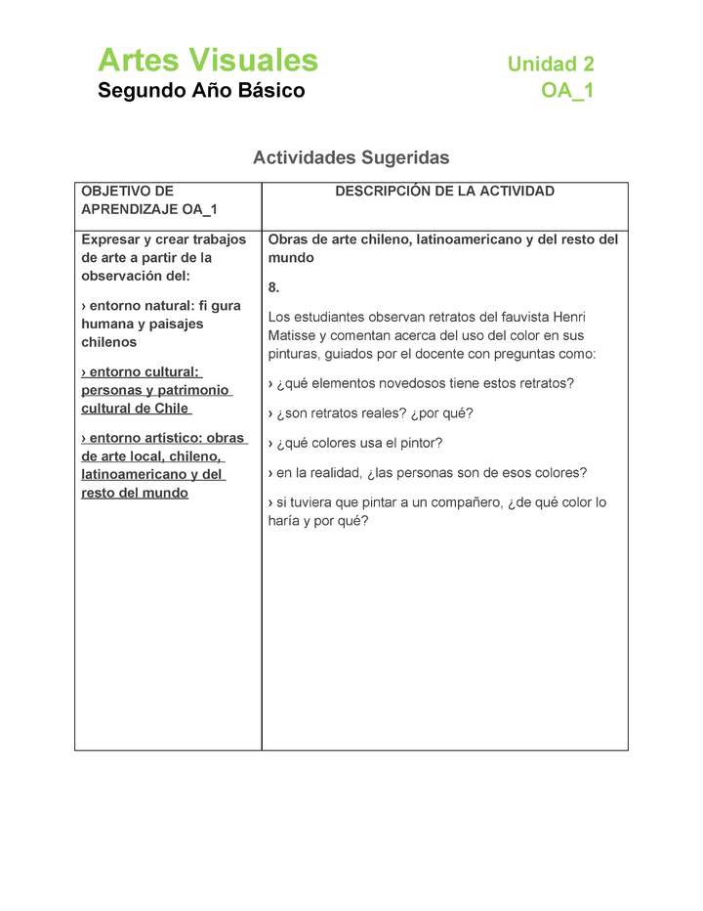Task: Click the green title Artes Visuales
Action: pos(208,61)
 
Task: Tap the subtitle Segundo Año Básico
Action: pos(201,91)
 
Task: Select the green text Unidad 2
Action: pos(551,65)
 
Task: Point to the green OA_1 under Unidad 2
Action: pos(567,92)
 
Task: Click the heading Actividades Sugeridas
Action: pos(351,157)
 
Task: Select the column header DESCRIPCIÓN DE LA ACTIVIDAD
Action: pos(444,192)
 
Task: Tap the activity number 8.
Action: pos(273,287)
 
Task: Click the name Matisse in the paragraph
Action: pos(291,335)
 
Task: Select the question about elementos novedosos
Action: pos(421,383)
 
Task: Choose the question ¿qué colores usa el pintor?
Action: pos(359,443)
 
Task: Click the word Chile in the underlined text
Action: pos(171,409)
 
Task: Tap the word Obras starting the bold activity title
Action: pos(289,239)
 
